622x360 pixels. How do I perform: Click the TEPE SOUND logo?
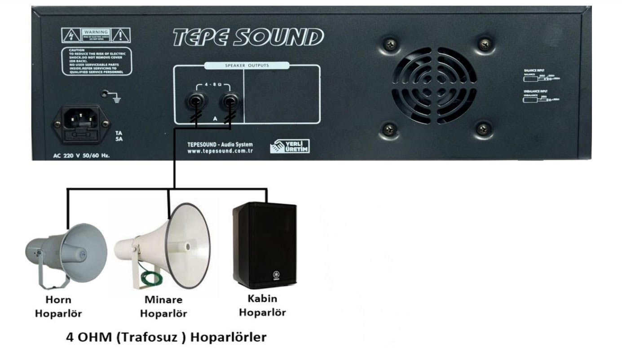point(248,38)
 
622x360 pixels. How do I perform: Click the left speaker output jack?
point(195,100)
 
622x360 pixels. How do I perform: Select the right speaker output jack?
point(230,100)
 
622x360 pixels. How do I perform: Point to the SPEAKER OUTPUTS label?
point(247,66)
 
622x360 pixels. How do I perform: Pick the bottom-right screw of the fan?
point(483,129)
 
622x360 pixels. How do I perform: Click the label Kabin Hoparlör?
point(262,305)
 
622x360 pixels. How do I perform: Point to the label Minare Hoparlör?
point(163,306)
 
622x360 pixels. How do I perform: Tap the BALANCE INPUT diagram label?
point(534,70)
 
